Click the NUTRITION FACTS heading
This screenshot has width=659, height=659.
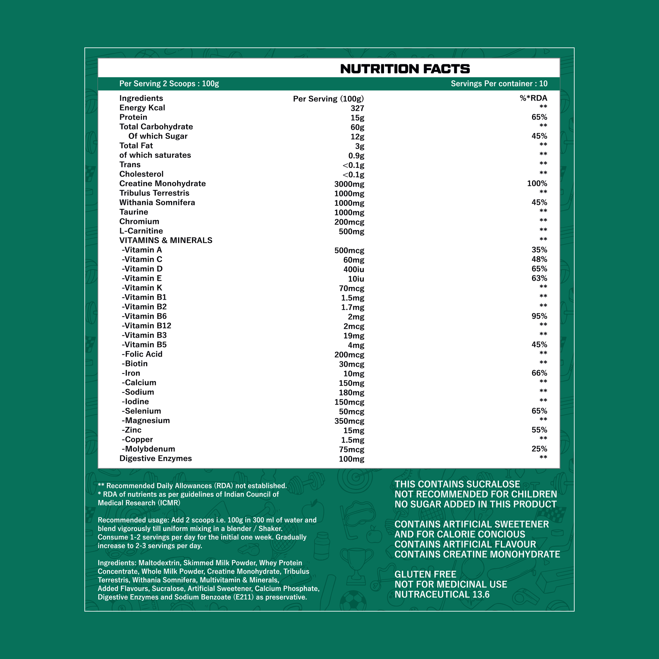pos(405,69)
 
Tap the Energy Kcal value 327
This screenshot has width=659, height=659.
pos(357,108)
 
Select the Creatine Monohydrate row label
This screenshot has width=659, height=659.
pos(162,184)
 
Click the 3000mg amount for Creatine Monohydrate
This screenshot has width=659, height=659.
pos(349,184)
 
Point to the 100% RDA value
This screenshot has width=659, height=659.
pos(537,184)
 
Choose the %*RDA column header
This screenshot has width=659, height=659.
pos(533,98)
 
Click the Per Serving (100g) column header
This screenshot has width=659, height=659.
pos(328,99)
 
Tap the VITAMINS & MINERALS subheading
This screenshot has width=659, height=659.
pos(166,240)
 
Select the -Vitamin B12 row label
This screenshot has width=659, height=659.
pos(146,326)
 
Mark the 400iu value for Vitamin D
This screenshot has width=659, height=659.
pos(354,270)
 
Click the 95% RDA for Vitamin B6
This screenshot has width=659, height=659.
pos(539,316)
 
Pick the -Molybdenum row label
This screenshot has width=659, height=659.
pos(148,449)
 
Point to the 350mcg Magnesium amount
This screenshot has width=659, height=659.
pos(349,421)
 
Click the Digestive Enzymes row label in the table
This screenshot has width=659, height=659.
pos(155,459)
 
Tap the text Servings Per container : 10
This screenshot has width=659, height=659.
pos(499,84)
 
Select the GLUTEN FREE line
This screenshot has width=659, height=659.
pos(425,574)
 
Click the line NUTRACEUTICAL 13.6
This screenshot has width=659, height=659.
pos(442,595)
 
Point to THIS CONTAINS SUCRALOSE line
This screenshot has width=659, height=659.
pos(457,484)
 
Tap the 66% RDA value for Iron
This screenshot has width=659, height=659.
pos(539,373)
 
